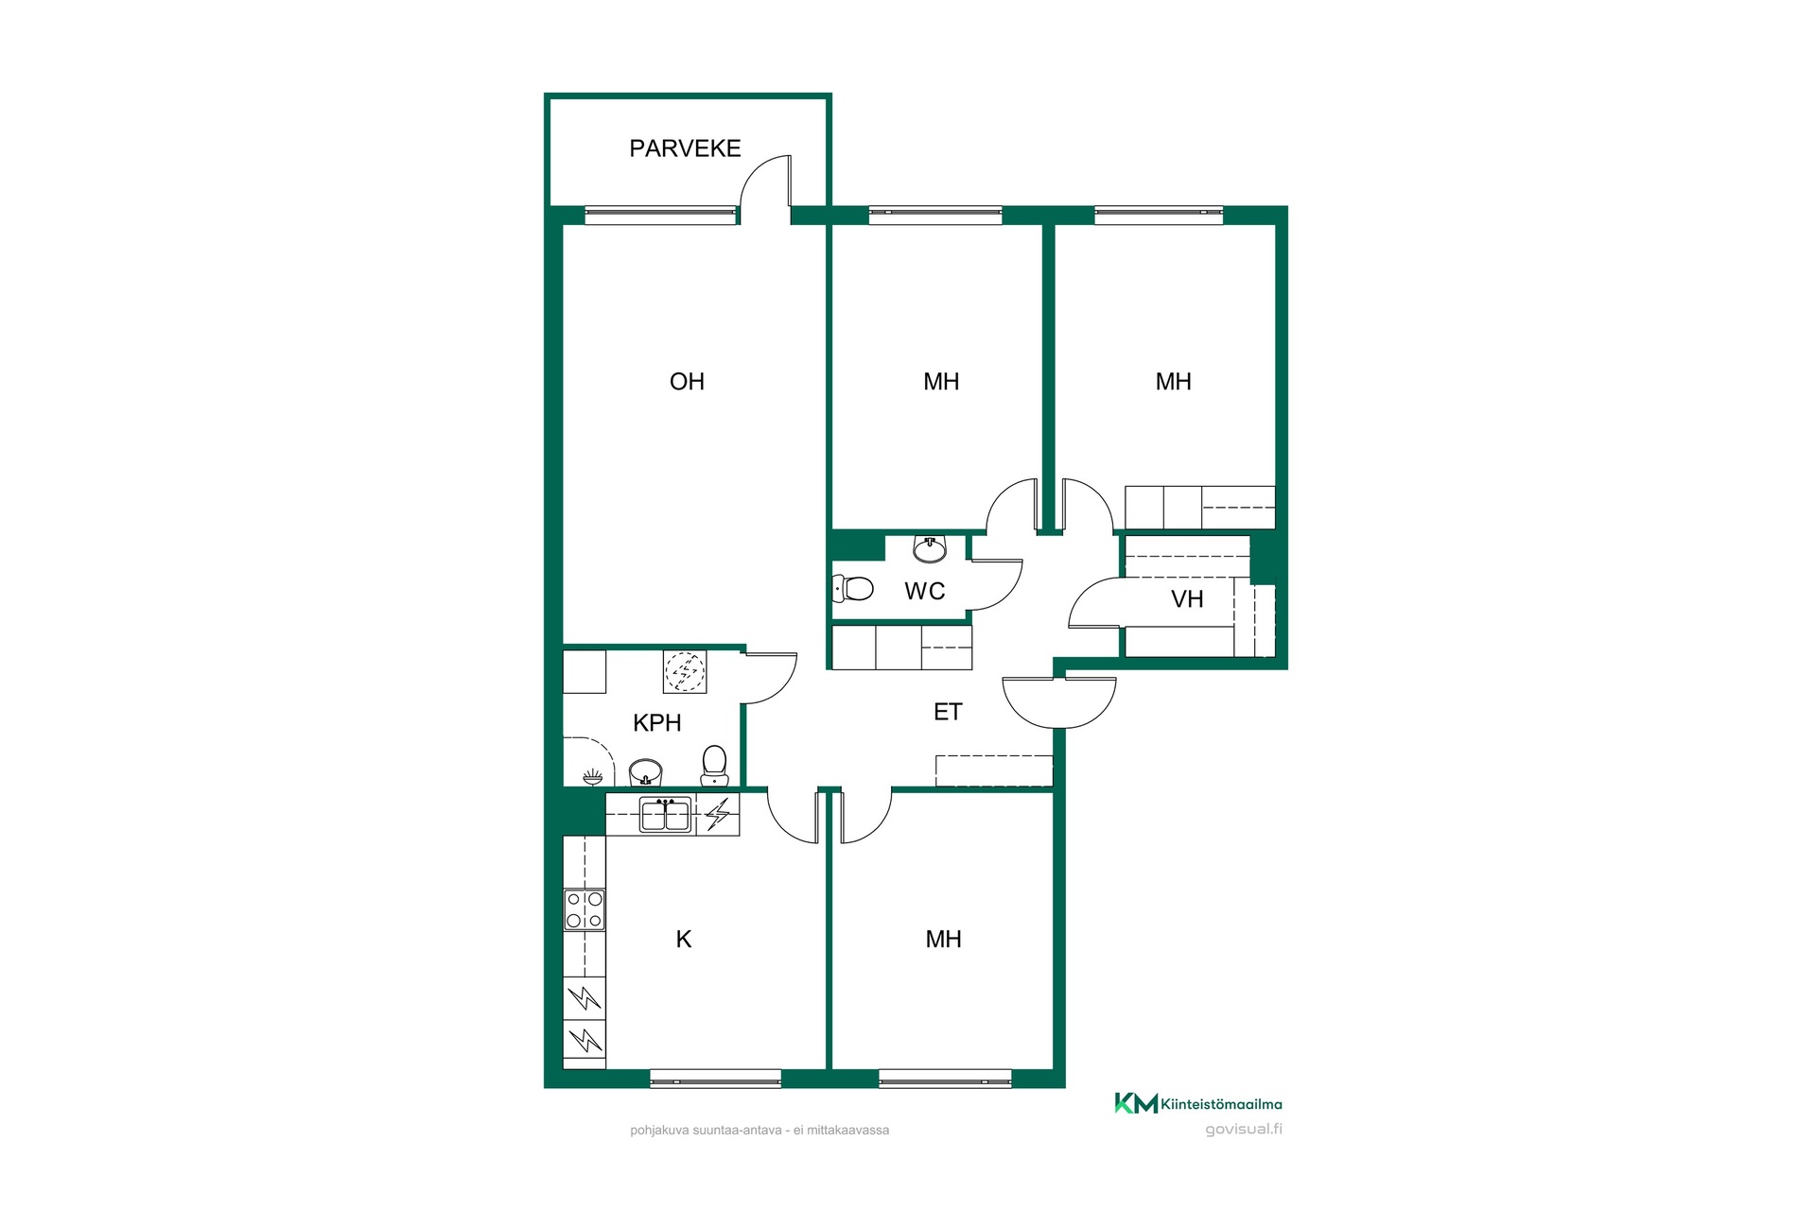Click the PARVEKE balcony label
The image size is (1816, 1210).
coord(685,148)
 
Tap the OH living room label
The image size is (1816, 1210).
coord(687,382)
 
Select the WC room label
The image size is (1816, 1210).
coord(924,592)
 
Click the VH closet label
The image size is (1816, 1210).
coord(1187,599)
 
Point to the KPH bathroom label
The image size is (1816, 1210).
coord(656,723)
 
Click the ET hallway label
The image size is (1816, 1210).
coord(948,712)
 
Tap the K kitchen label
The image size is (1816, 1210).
coord(684,940)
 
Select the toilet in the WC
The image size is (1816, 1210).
coord(852,589)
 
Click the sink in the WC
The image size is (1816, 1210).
coord(931,548)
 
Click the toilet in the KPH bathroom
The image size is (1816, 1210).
coord(714,766)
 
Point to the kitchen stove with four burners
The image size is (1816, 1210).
coord(585,910)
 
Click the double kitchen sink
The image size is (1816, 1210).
coord(665,815)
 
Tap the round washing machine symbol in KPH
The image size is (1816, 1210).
coord(684,672)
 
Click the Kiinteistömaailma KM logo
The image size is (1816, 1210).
coord(1136,1103)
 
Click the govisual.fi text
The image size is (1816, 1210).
coord(1244,1129)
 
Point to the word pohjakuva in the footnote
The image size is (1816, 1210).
coord(654,1131)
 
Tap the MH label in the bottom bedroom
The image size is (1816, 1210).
coord(943,940)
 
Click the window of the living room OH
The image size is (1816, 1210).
coord(660,216)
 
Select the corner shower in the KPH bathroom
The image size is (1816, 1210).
coord(588,762)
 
